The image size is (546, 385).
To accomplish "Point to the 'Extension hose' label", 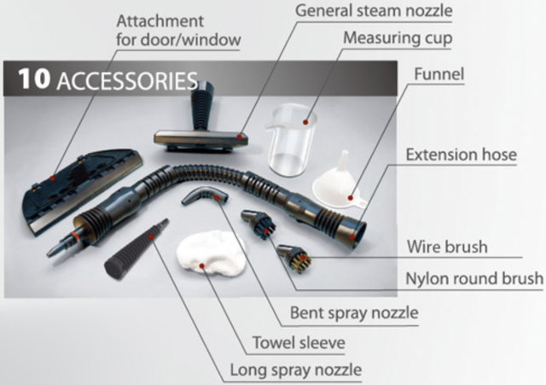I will tap(461, 155).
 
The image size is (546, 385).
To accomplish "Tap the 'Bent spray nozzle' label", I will tap(354, 313).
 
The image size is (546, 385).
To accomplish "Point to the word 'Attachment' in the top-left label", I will tap(150, 19).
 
